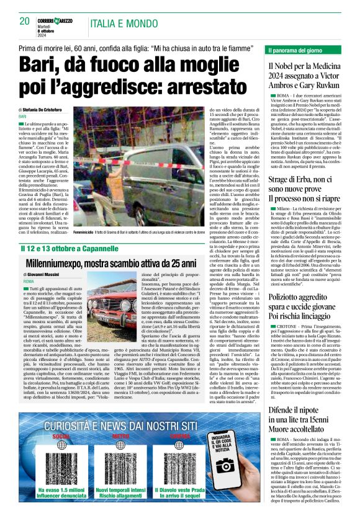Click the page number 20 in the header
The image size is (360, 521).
point(25,21)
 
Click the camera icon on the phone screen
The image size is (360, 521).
point(225,448)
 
